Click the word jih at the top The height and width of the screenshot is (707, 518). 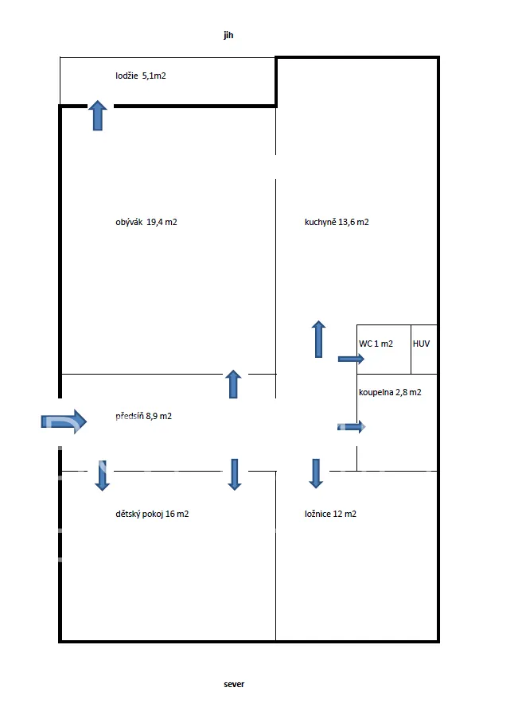click(228, 36)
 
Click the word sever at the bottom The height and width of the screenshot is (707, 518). click(234, 683)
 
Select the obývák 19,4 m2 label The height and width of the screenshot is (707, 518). click(146, 223)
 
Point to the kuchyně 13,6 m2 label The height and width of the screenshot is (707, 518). click(336, 223)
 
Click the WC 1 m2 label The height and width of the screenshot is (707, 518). click(376, 344)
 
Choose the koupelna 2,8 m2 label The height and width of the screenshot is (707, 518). click(389, 392)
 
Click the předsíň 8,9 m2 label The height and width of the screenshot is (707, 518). click(143, 416)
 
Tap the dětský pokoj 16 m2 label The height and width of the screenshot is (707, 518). click(152, 514)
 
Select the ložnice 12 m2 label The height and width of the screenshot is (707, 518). click(330, 514)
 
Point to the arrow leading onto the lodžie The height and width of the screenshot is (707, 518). click(97, 115)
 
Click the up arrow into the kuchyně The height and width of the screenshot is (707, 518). click(318, 339)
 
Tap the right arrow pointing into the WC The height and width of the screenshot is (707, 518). click(351, 359)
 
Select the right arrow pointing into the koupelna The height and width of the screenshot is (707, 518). click(352, 427)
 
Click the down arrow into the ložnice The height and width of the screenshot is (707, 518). click(316, 473)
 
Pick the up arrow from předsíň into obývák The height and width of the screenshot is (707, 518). click(233, 384)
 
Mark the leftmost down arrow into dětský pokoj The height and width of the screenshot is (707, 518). click(102, 475)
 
